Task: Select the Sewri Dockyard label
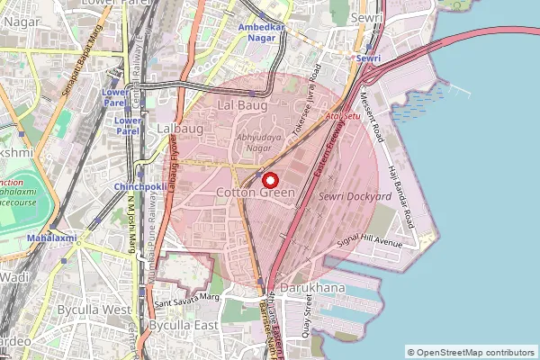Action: tap(355, 195)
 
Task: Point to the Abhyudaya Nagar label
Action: tap(240, 141)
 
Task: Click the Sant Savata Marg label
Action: tap(186, 297)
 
